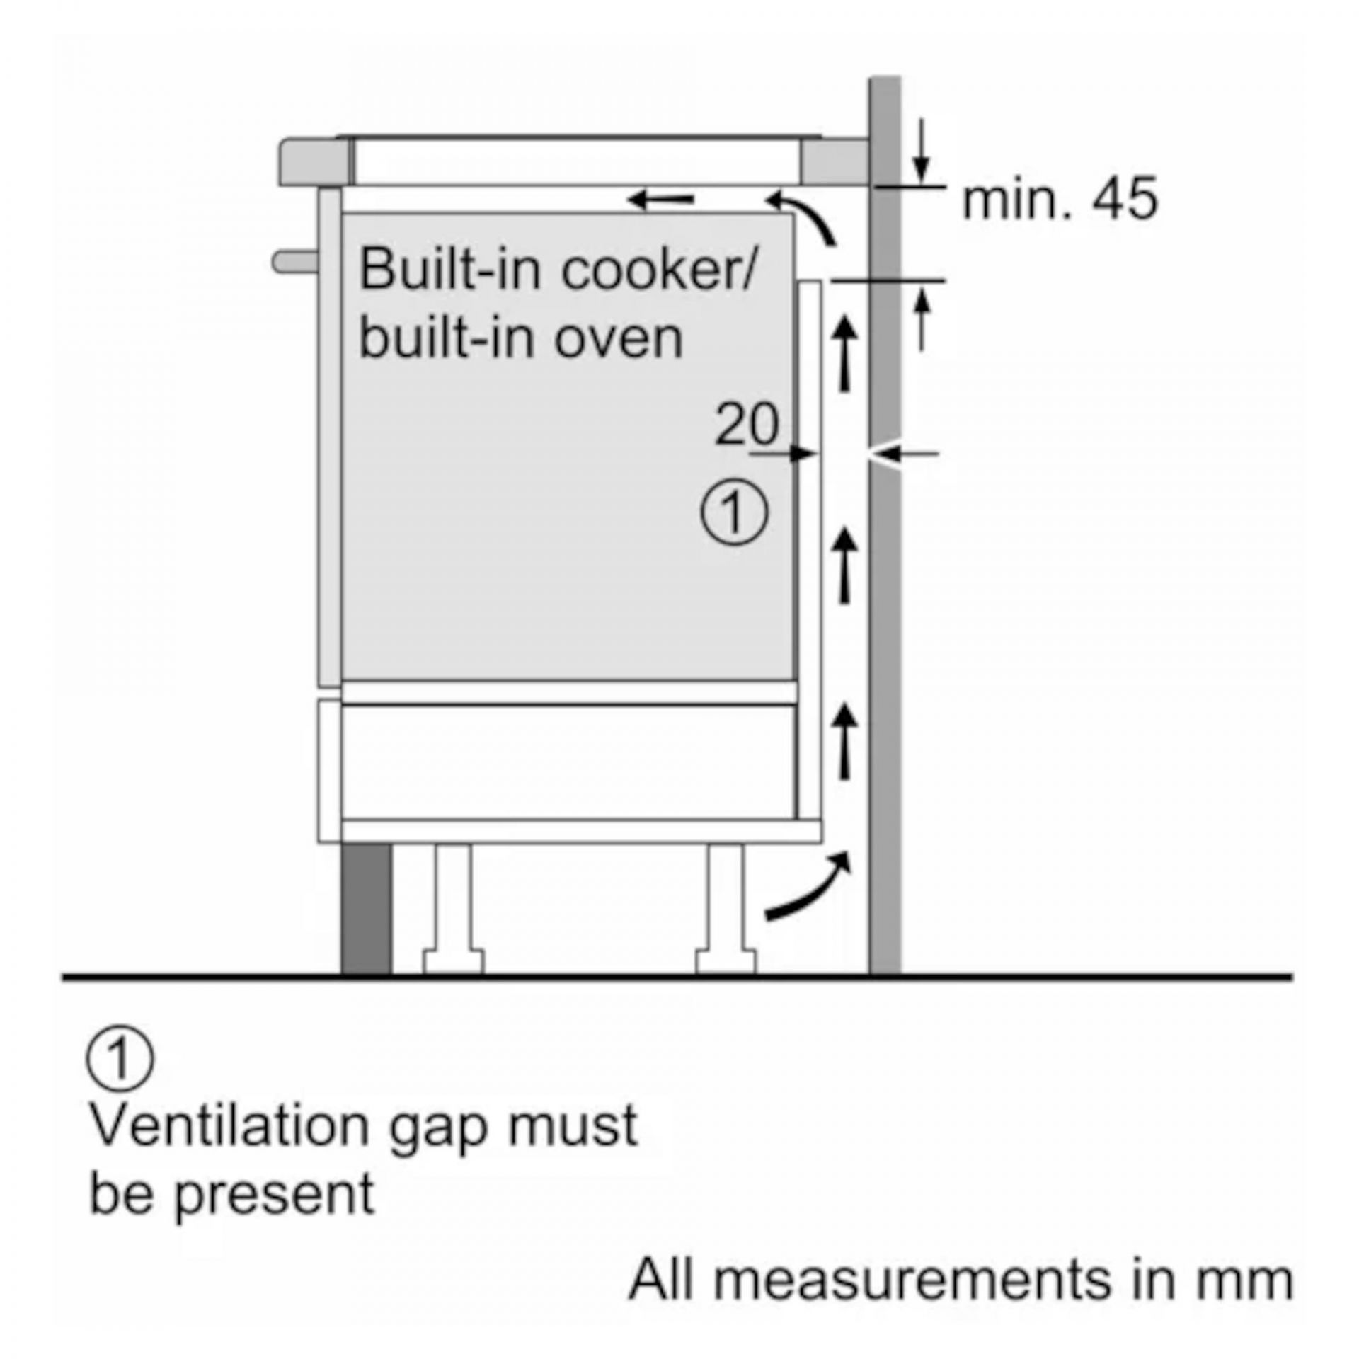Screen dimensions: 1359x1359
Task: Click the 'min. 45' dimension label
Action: pos(1059,199)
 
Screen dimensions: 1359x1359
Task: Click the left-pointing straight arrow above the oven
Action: pos(661,200)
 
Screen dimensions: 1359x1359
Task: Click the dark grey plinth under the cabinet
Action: pos(366,907)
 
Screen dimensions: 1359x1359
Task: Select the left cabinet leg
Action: pos(454,906)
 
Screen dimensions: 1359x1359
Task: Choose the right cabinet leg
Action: pos(726,906)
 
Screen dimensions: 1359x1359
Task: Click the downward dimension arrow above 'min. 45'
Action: pos(920,152)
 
